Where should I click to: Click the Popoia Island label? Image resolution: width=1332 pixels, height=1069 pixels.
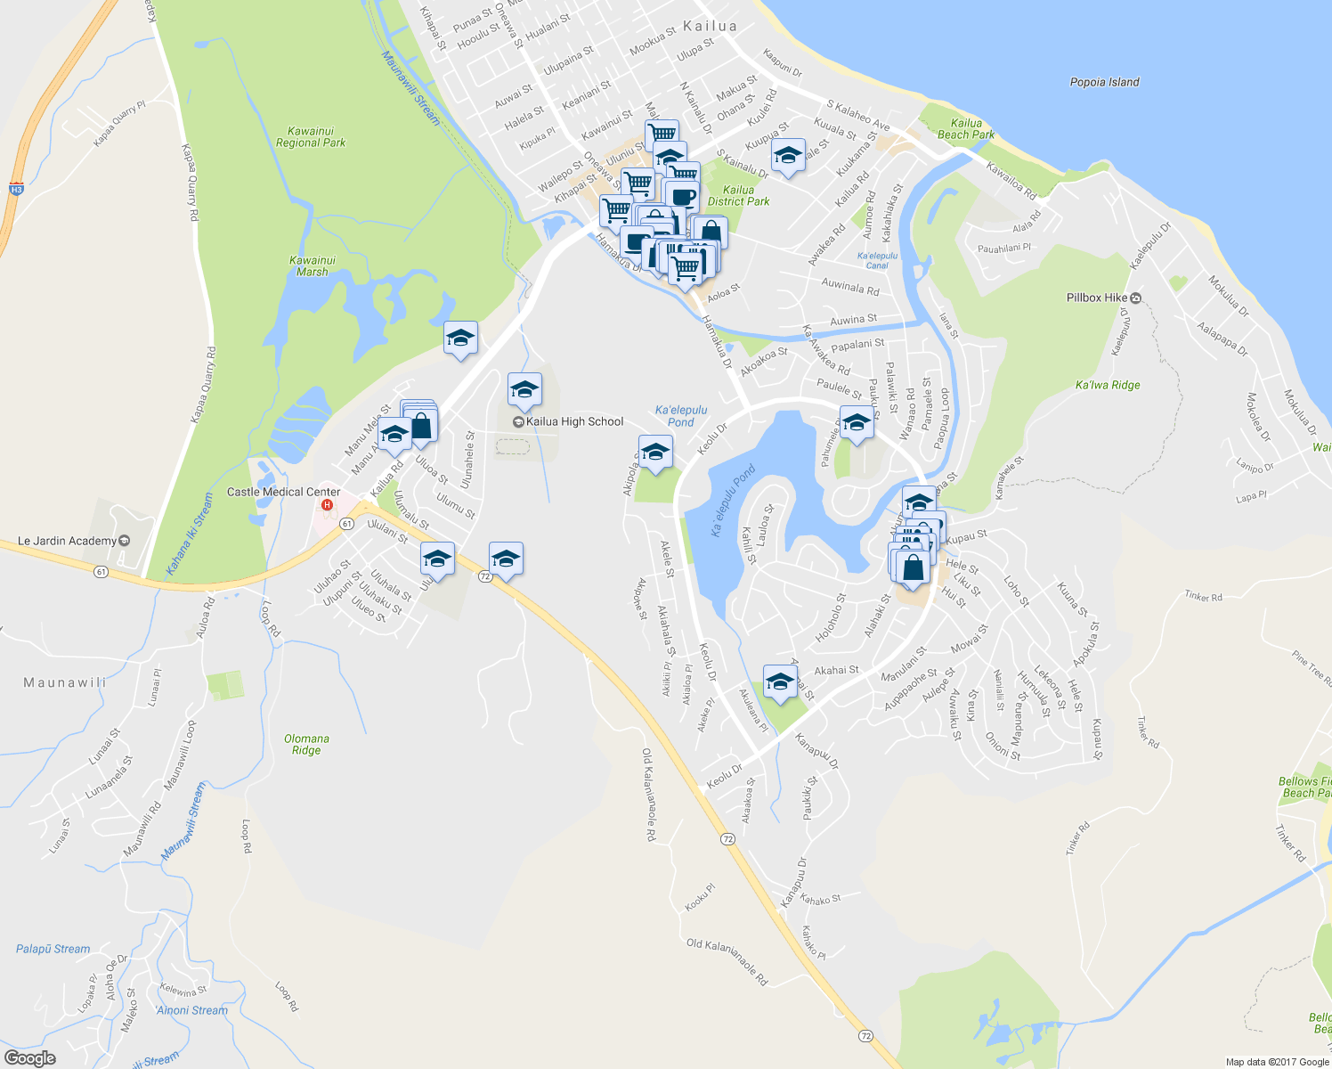pos(1104,82)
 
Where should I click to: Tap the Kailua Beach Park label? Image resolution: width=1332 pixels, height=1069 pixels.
pos(966,129)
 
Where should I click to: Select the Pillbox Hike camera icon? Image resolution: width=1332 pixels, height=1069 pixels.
pos(1136,298)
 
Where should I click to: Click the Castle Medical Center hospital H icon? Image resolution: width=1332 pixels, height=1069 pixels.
pos(327,506)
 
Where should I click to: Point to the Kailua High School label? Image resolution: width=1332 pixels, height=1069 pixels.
pos(574,421)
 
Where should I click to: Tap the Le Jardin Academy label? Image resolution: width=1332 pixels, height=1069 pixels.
pos(67,541)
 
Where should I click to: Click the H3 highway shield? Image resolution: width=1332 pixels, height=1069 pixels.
pos(16,189)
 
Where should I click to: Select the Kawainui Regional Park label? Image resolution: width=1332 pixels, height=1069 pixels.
pos(311,136)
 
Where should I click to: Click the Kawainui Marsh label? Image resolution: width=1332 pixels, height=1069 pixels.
pos(312,266)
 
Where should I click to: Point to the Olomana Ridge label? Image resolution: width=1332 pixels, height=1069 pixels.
pos(306,744)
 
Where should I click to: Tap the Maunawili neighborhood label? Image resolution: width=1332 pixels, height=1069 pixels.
pos(65,682)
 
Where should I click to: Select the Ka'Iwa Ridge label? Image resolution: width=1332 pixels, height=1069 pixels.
pos(1108,385)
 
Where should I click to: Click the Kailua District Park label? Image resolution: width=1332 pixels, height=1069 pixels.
pos(738,195)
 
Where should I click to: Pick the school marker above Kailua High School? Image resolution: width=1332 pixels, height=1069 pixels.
pos(524,389)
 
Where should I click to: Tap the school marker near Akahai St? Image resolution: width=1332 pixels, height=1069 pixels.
pos(780,681)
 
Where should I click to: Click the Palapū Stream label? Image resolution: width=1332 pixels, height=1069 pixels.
pos(53,949)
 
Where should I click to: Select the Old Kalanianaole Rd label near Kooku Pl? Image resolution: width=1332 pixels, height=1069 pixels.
pos(727,961)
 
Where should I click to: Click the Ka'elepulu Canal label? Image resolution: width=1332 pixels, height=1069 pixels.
pos(877,260)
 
